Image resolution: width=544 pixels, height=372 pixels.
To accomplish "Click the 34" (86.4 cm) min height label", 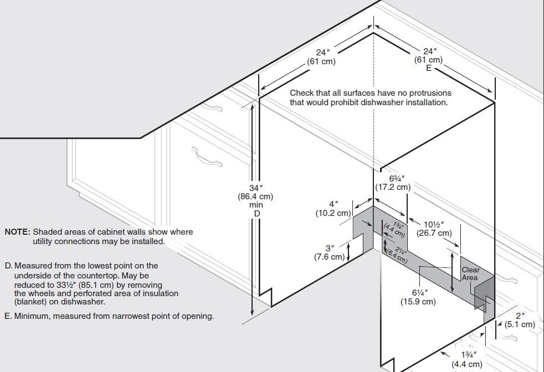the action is pos(255,197).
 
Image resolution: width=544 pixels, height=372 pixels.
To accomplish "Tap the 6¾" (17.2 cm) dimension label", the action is pos(393,183).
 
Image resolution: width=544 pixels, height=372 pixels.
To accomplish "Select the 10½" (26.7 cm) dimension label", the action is pos(434,229).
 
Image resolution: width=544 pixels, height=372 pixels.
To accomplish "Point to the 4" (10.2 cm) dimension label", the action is pos(333,209).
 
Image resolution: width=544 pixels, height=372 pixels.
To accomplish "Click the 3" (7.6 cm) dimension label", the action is pos(330,253).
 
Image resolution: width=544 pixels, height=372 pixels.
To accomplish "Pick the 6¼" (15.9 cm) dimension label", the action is pos(418,297).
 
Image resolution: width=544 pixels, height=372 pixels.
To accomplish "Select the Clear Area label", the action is pos(470,274).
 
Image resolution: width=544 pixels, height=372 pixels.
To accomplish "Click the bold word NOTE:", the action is pos(17,232).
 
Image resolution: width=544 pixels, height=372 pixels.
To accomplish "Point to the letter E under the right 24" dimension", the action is pos(429,68).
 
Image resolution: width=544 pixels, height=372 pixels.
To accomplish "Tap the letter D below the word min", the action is pos(256,214).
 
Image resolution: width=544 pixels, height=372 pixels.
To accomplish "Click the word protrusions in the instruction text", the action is pos(430,93).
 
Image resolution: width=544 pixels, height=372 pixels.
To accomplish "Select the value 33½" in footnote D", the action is pos(65,285).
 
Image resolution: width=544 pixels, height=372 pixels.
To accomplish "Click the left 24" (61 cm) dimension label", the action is pos(321,57).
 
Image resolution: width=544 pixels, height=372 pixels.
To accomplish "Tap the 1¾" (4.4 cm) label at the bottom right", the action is pos(467,359).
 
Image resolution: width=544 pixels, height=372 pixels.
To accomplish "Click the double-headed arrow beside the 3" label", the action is pos(348,251).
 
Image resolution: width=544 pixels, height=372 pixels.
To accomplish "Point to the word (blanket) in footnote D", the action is pos(30,302).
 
